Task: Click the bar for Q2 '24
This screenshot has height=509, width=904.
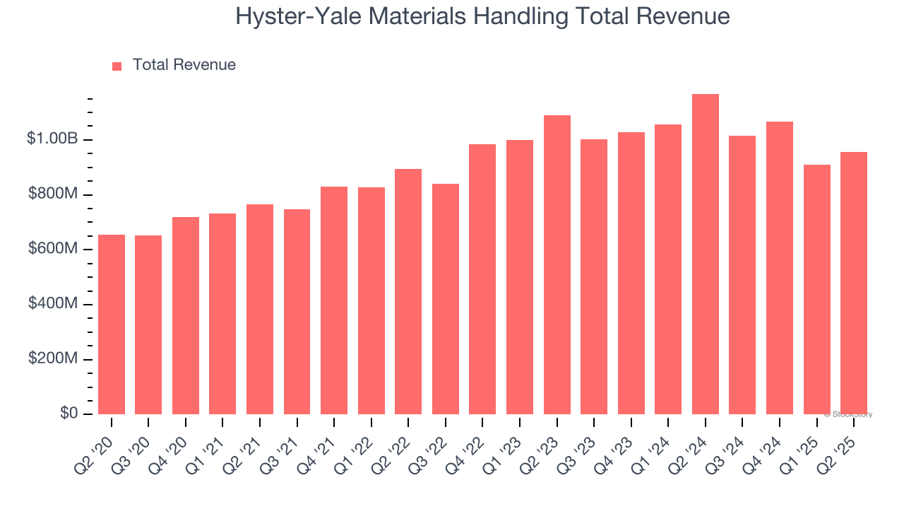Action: click(705, 255)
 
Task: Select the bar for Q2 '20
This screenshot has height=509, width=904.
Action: click(112, 324)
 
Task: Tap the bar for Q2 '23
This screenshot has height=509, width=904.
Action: click(557, 265)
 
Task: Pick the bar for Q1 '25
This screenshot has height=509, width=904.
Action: click(816, 290)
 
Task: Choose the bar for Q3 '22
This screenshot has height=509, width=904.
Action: click(446, 299)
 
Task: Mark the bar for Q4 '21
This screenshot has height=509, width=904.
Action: click(334, 300)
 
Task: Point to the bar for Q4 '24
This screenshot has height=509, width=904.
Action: click(780, 268)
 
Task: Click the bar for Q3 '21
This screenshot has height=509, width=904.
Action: click(297, 312)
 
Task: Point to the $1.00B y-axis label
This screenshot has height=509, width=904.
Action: click(52, 139)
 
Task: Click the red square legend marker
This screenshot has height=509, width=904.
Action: click(117, 66)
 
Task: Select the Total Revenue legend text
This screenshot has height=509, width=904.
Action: click(184, 65)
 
